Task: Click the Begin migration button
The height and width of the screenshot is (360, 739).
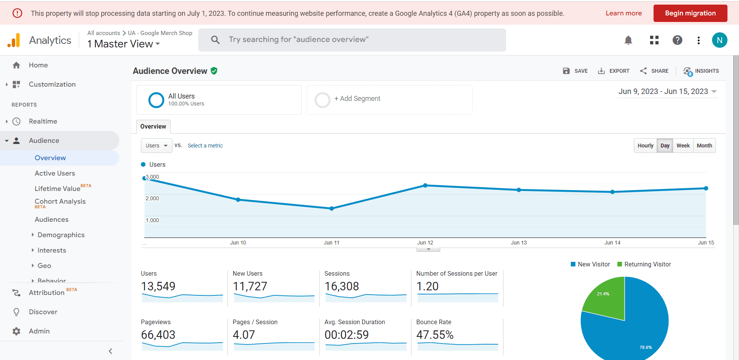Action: [x=690, y=13]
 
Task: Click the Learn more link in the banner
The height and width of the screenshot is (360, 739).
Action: [x=624, y=13]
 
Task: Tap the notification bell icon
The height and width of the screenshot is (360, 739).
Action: [x=628, y=40]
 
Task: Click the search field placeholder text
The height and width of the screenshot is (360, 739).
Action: [x=298, y=40]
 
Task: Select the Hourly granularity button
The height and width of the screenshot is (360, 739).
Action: [x=645, y=146]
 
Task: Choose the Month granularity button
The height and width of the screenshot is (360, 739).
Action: [x=704, y=146]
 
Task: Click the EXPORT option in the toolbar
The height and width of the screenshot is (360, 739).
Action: [x=614, y=71]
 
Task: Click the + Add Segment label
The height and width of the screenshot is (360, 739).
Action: [x=357, y=99]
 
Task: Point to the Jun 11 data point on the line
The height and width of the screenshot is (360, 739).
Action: [x=332, y=208]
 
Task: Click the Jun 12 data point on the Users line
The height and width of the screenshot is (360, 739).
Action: [x=425, y=185]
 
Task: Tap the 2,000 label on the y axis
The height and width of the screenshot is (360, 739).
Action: [x=152, y=198]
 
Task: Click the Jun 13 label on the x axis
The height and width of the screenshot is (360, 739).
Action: [x=518, y=243]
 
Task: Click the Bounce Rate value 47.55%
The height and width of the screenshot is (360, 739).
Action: [x=435, y=335]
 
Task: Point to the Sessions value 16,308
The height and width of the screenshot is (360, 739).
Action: [x=341, y=286]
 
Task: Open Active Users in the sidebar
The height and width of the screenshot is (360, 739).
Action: [x=55, y=173]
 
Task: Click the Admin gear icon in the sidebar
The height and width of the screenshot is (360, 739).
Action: [x=16, y=331]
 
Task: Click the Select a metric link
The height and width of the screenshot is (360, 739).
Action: [x=205, y=146]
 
